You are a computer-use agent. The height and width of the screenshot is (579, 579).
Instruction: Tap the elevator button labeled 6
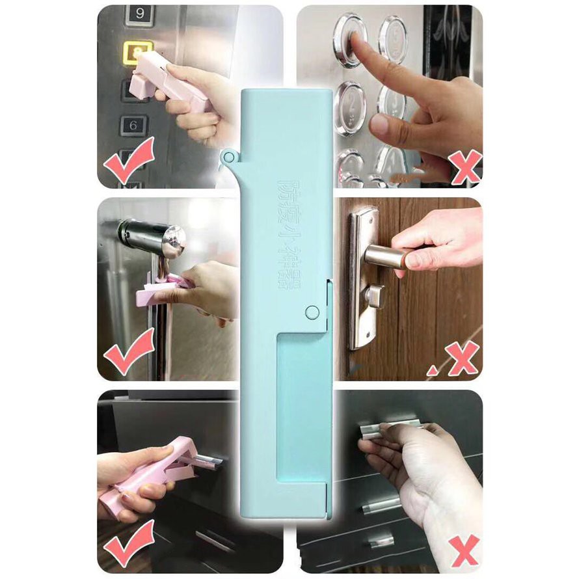(134, 125)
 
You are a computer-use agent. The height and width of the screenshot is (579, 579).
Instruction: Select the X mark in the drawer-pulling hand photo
(463, 550)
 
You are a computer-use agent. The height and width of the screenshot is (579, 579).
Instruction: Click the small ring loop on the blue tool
(228, 156)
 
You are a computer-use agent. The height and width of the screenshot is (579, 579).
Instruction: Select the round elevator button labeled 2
(352, 107)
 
